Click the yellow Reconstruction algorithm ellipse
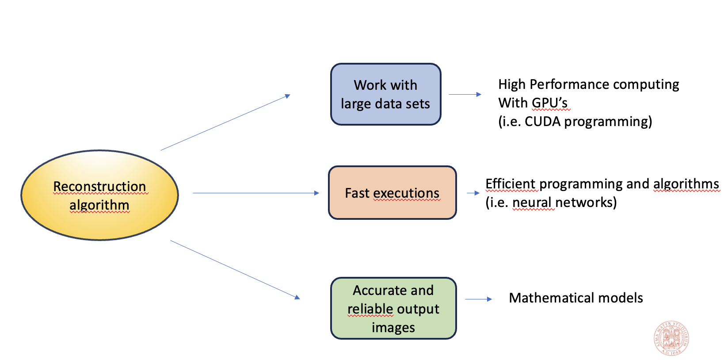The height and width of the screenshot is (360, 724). coord(99,195)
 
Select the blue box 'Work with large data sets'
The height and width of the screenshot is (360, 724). coord(385,94)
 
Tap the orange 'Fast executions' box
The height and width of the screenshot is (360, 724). coord(392,193)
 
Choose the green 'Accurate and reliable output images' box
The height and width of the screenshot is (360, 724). coord(393,308)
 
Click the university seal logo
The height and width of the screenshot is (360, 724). coord(671,338)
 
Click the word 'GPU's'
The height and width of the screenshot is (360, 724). coord(549,103)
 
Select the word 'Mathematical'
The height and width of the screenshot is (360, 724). coord(551,298)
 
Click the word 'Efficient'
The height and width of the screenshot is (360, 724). coord(511,184)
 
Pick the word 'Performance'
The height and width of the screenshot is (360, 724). coord(569,84)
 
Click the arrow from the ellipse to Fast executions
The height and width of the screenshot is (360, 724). coord(256,193)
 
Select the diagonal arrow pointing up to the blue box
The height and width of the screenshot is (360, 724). coord(225,122)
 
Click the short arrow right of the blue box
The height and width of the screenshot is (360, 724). coord(465,95)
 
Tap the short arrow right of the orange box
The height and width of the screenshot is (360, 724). coord(473,193)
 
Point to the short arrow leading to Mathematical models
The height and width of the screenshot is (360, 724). coord(478,299)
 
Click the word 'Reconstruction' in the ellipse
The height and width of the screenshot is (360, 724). coord(99,186)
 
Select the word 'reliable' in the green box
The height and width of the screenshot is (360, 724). coord(370,309)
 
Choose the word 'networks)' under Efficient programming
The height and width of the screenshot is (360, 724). coord(586,203)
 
